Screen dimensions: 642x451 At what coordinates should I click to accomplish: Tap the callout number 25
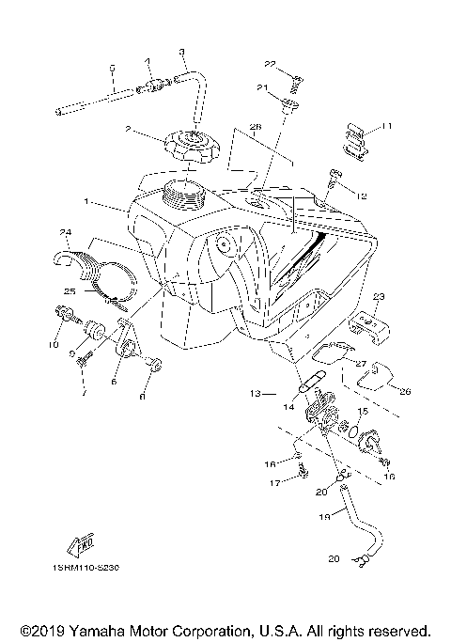pos(69,290)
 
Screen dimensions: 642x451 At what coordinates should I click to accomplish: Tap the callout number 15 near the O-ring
pos(364,411)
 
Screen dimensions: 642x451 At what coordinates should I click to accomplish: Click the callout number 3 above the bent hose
pos(181,51)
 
